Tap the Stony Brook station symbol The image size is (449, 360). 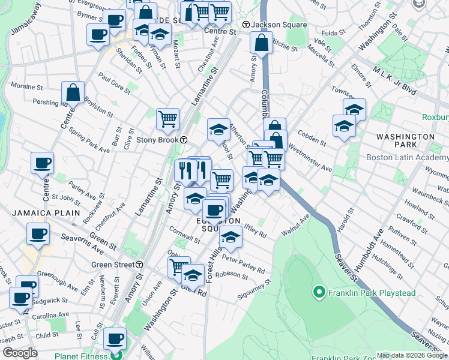(184, 140)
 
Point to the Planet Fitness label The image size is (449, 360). (84, 354)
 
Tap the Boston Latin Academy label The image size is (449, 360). (407, 158)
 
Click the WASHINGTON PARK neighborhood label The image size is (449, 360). (405, 141)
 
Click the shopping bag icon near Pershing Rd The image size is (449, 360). (73, 93)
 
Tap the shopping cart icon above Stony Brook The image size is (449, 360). (167, 118)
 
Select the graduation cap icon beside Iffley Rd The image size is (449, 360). (231, 237)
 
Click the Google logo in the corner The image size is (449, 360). (20, 353)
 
